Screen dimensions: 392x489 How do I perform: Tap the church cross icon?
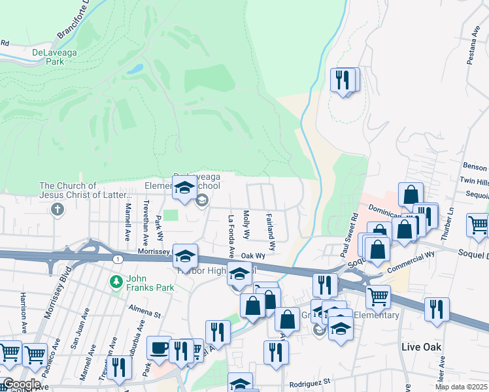[x=58, y=210]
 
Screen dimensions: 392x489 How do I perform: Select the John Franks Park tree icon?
[x=116, y=282]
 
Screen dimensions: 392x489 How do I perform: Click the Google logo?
[x=21, y=384]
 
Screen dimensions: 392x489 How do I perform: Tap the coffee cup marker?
[x=159, y=348]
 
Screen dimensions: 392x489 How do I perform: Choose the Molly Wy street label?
[x=246, y=225]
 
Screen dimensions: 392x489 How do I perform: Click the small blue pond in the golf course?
[x=135, y=68]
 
